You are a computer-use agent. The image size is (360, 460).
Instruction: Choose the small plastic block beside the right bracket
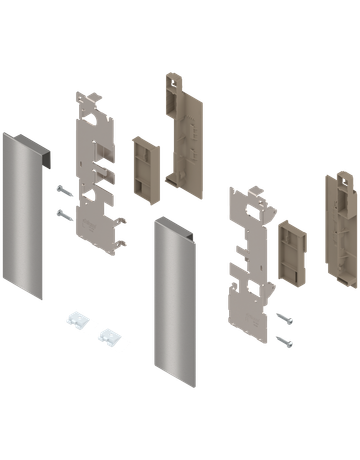point(292,249)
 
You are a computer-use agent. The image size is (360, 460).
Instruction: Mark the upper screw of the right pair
point(284,319)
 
